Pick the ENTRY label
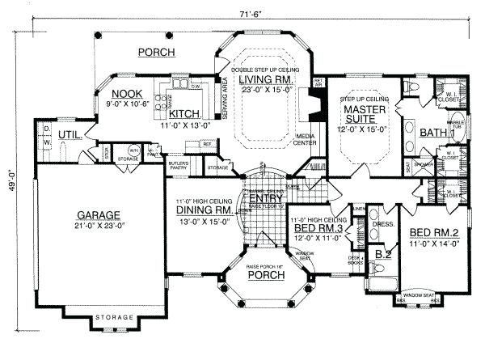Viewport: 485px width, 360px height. tap(264, 198)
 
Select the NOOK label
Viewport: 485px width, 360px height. tap(128, 92)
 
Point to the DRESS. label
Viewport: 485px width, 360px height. tap(383, 224)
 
